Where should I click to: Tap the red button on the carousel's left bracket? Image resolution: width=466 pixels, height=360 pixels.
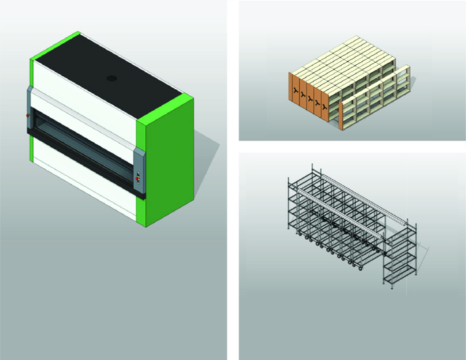[28, 116]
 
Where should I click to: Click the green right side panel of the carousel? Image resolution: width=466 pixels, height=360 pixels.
[165, 162]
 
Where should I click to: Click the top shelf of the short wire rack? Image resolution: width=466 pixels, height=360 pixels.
[400, 232]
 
